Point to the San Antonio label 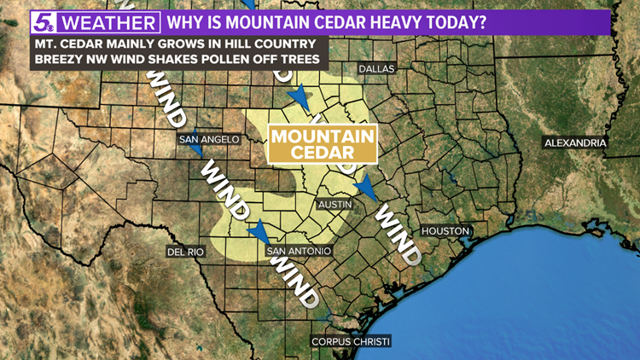(298, 252)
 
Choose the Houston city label (445, 231)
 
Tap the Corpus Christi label (351, 341)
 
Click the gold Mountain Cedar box (323, 143)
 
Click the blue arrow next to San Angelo (196, 150)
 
